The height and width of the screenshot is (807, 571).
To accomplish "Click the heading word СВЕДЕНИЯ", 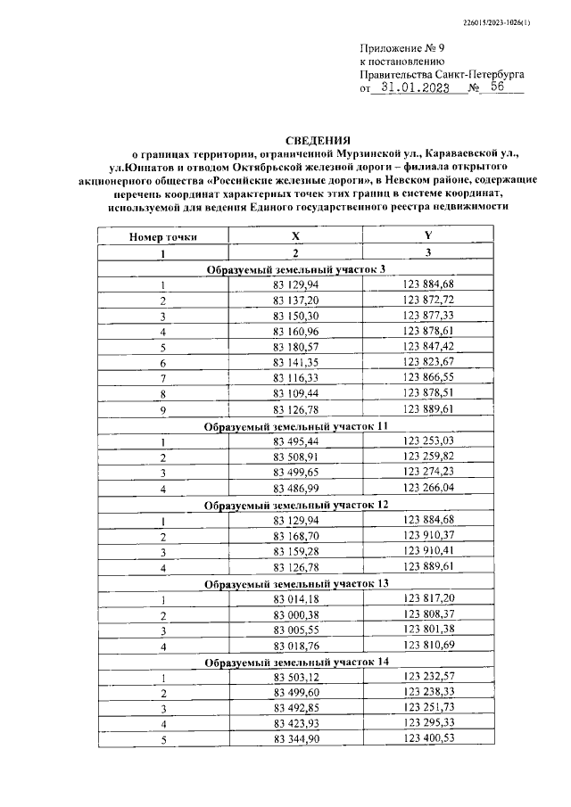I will point(318,140).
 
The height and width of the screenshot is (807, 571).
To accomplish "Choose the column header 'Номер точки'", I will point(163,237).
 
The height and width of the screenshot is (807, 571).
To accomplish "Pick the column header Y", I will point(428,237).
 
